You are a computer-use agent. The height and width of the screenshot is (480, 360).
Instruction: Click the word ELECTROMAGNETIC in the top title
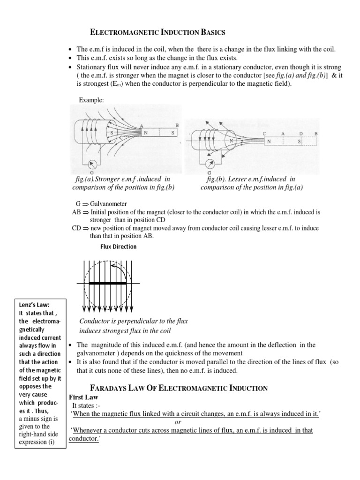tap(120, 32)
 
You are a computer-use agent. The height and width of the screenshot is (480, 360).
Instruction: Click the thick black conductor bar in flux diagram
tap(108, 284)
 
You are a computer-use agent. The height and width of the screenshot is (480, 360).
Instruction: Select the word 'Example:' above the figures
tap(90, 100)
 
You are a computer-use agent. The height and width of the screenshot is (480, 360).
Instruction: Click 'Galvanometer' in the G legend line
tap(106, 204)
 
